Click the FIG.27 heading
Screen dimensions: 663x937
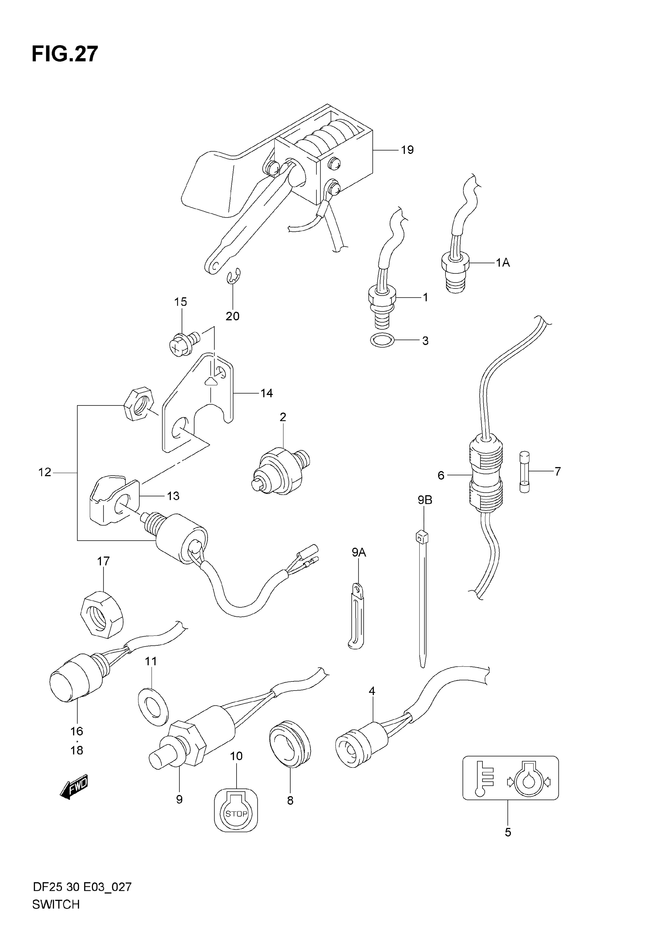(65, 54)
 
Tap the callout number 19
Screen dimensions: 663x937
(407, 150)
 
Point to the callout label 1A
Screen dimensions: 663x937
(503, 263)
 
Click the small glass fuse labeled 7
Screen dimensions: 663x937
(524, 472)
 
